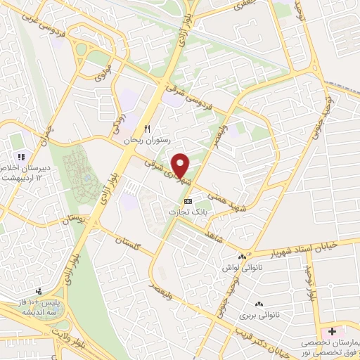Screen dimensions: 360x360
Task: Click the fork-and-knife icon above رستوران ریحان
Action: click(x=147, y=129)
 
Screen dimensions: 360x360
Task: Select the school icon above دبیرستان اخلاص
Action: click(x=22, y=157)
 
